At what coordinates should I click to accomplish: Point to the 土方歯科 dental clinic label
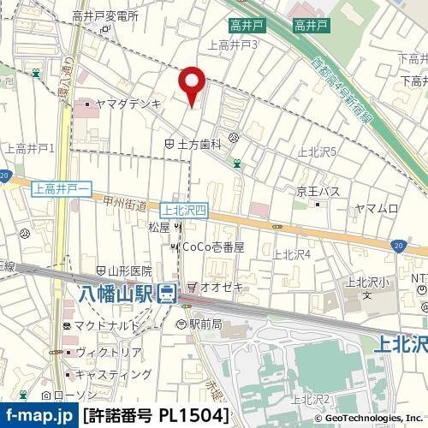click(x=199, y=146)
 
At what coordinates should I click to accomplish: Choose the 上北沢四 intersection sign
click(x=184, y=208)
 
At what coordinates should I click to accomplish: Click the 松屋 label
click(x=159, y=227)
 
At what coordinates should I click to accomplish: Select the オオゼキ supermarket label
click(x=219, y=286)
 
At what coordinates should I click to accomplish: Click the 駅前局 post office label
click(x=205, y=324)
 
